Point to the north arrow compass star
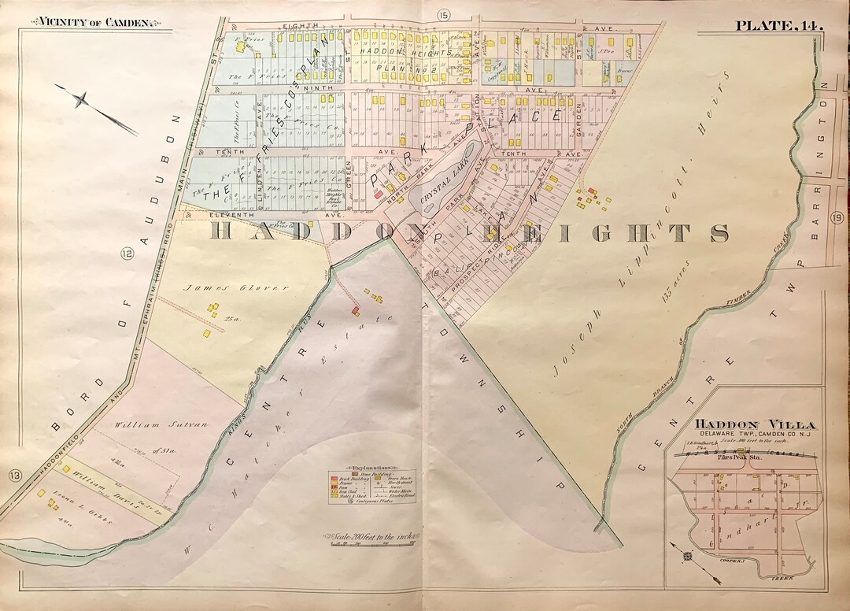(81, 100)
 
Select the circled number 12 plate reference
(127, 253)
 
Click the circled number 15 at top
(443, 13)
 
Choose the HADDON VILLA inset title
(744, 424)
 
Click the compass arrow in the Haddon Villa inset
(686, 554)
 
